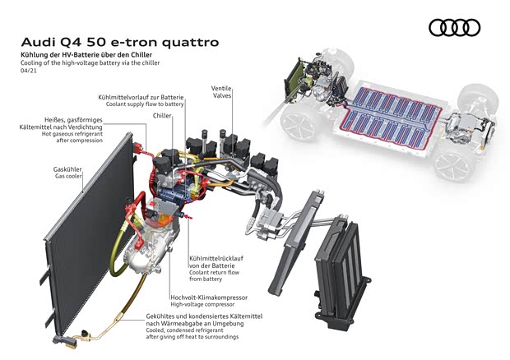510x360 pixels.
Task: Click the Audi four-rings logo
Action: pos(454,27)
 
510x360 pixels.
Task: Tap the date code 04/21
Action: pos(29,70)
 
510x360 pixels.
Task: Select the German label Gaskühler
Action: pos(67,169)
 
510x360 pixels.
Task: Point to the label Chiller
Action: pos(162,116)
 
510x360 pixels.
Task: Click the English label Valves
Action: pos(222,95)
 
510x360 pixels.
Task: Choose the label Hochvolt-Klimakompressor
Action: pos(209,298)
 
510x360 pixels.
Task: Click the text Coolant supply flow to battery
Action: pos(145,104)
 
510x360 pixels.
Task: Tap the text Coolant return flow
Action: pos(215,273)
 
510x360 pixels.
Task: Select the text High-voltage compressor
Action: pos(202,304)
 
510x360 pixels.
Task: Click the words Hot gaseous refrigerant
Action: pos(72,133)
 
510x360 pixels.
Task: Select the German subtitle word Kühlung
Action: pos(31,55)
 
